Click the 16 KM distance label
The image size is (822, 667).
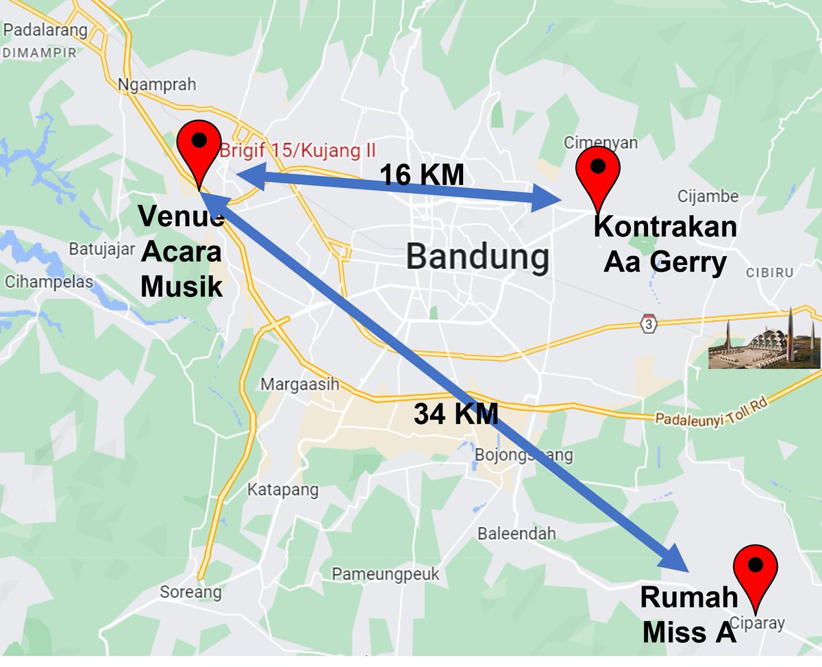point(422,175)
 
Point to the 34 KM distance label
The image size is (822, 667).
point(456,414)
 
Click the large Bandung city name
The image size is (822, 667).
point(477,257)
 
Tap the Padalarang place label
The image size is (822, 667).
point(45,30)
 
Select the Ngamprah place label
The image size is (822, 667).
point(157,85)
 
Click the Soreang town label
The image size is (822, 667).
point(190,592)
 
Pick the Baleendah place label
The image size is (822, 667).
point(516,533)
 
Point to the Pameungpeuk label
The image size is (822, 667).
point(385,574)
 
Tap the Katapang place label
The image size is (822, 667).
point(283,490)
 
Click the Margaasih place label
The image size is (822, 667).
point(299,384)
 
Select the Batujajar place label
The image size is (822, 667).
point(101,249)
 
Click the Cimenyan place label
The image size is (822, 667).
point(600,142)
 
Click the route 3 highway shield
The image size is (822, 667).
point(647,323)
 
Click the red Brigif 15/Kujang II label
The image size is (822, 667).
point(298,149)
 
